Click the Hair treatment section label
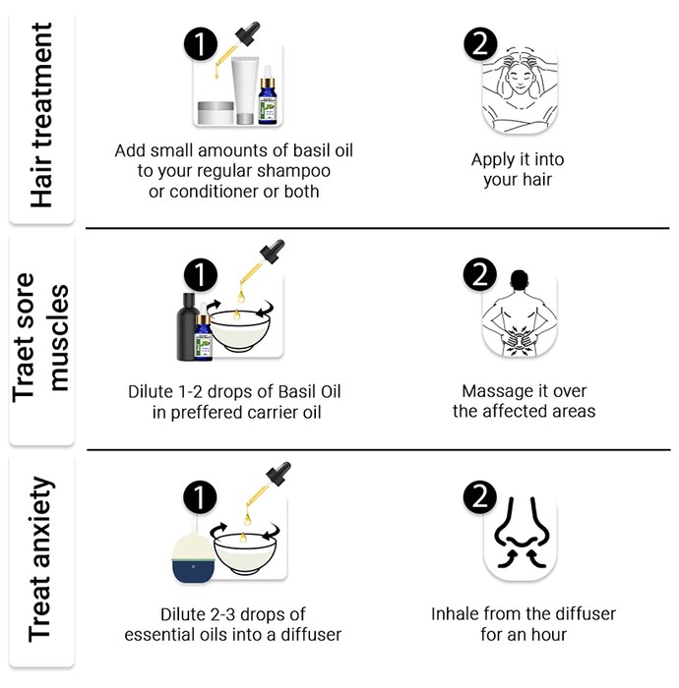(41, 115)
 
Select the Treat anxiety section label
(41, 559)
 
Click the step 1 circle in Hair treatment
(201, 44)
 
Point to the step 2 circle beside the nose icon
(480, 496)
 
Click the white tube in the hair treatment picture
(245, 90)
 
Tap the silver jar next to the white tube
(216, 113)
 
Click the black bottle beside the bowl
(187, 326)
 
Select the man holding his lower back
(520, 314)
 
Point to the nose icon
(522, 533)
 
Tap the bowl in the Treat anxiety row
(245, 553)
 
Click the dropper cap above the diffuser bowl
(278, 474)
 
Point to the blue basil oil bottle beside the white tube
(268, 95)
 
